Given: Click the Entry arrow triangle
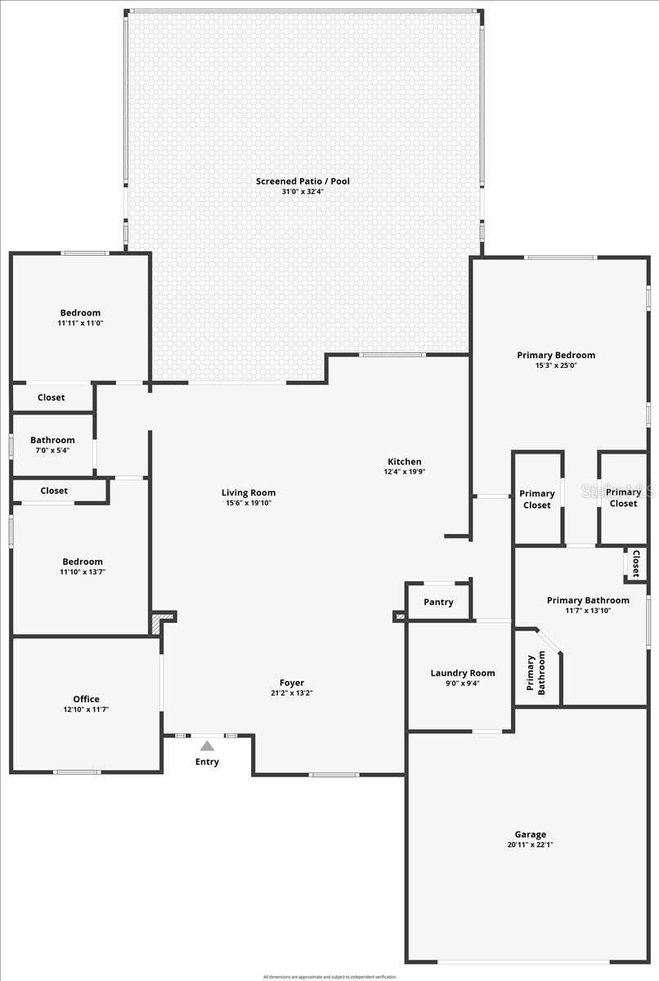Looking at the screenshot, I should (x=207, y=746).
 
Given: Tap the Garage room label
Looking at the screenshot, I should (x=531, y=835).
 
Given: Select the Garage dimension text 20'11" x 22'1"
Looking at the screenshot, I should (x=531, y=844).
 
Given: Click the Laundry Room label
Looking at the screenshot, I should (x=463, y=674).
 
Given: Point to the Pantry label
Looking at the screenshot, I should (x=438, y=602).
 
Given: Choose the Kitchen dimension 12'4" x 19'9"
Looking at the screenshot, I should (x=405, y=472).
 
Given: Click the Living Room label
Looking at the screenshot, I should (x=249, y=493).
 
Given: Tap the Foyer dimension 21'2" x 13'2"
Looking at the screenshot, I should (x=292, y=693).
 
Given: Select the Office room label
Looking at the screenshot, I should (x=86, y=699).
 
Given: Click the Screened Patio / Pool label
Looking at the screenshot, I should (x=303, y=181).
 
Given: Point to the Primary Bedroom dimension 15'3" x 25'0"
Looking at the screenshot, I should (x=556, y=365).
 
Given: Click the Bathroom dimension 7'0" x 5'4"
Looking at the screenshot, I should (x=52, y=450).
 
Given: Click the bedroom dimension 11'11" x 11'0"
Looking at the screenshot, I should (x=80, y=323).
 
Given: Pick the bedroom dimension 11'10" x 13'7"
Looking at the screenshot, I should (x=83, y=571).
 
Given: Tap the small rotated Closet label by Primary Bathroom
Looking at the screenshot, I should (x=635, y=562).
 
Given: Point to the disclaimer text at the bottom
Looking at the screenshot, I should (x=329, y=976).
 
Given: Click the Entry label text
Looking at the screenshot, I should (x=207, y=762).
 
